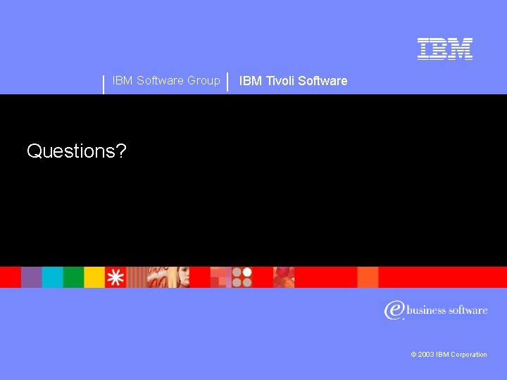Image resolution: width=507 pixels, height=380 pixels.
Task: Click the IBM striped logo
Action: [x=444, y=49]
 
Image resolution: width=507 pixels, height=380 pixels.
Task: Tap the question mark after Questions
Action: [x=122, y=151]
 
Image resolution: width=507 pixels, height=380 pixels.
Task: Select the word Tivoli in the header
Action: [x=279, y=81]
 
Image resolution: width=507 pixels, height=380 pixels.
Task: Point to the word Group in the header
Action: [x=204, y=80]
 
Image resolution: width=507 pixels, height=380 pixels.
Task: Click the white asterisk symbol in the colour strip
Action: [x=115, y=277]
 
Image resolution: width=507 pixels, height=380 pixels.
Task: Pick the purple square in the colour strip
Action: [x=32, y=277]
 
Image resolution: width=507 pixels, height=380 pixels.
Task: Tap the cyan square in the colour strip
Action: [x=53, y=277]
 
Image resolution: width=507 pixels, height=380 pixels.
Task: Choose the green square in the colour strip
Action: [x=73, y=277]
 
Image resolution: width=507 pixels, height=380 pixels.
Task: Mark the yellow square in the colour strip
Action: [x=94, y=277]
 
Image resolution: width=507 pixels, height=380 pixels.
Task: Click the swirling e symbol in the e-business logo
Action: [x=393, y=310]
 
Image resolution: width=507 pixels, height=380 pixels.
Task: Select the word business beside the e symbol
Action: [x=427, y=310]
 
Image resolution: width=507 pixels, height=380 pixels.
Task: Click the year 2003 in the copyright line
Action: [x=426, y=355]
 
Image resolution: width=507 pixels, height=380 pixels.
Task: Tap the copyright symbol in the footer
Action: [x=414, y=355]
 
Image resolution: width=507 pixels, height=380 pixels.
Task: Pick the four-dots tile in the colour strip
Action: [x=242, y=277]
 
